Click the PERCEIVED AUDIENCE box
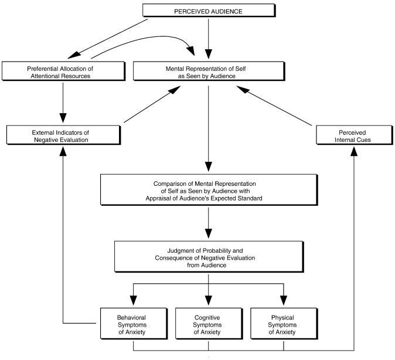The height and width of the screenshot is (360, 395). [209, 11]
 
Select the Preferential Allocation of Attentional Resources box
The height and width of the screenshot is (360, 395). [63, 71]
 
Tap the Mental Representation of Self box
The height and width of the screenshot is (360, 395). [209, 71]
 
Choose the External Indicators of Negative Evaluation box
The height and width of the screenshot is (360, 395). [63, 135]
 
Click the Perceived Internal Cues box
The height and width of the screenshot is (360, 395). [355, 135]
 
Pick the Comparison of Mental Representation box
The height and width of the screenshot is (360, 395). [209, 189]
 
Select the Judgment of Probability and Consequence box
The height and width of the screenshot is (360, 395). [209, 257]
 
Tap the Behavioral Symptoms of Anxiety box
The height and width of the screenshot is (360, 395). [134, 324]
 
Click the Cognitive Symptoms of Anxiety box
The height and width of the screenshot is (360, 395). [209, 324]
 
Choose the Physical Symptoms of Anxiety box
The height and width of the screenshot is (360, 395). [284, 324]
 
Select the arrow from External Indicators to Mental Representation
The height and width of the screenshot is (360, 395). [152, 104]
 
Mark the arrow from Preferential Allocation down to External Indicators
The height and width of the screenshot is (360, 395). [63, 103]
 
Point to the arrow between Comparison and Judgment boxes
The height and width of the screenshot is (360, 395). [208, 223]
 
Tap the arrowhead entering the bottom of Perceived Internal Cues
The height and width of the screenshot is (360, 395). [354, 151]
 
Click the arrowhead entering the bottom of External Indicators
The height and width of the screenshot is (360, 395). [63, 151]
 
